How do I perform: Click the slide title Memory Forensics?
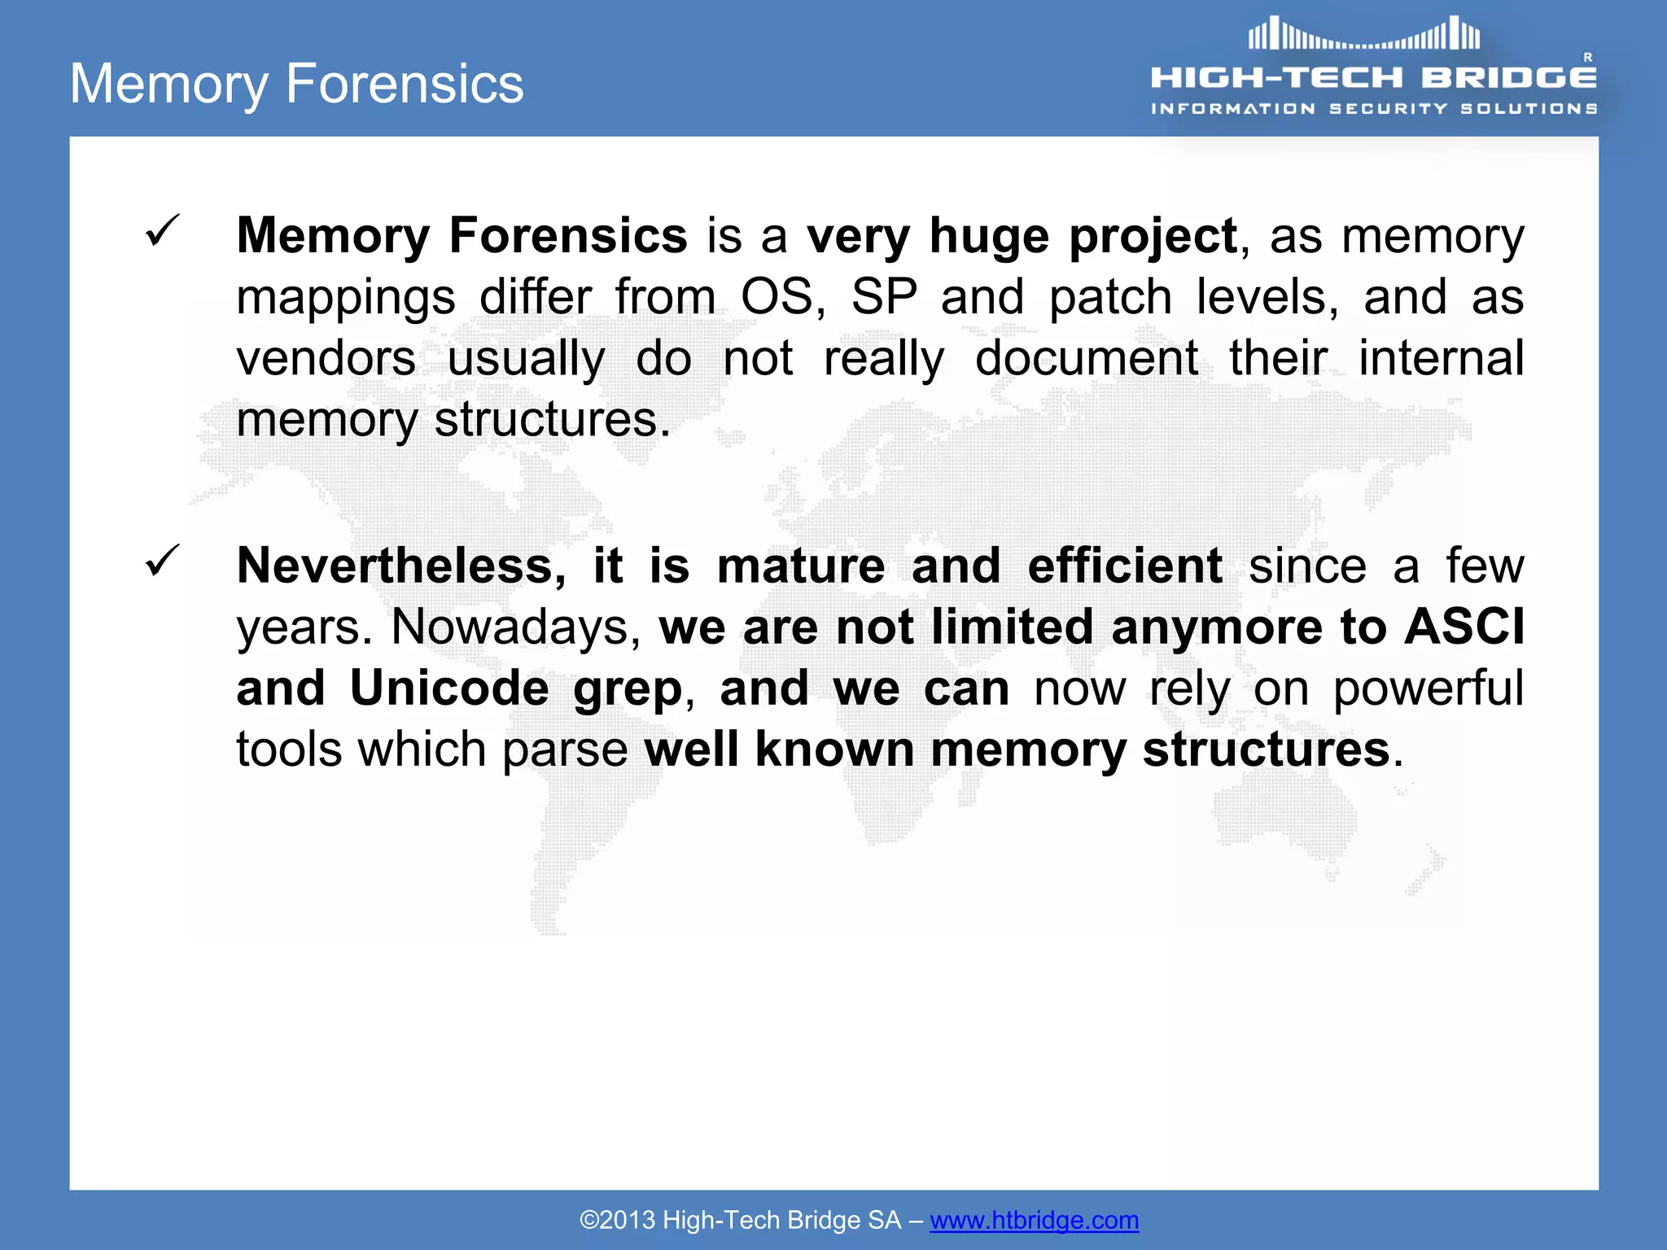click(x=297, y=84)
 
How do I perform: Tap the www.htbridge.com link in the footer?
click(x=1034, y=1220)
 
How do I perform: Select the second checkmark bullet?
click(x=162, y=561)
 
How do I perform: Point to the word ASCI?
click(x=1464, y=627)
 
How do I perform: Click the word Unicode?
click(x=449, y=688)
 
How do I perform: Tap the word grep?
click(x=628, y=690)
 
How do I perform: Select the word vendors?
click(x=326, y=358)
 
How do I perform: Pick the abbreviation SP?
click(x=885, y=297)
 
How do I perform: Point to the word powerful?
click(x=1428, y=688)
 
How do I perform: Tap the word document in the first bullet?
click(x=1087, y=358)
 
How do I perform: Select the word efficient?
click(x=1125, y=566)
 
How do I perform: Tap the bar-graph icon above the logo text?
click(x=1364, y=34)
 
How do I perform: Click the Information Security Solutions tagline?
click(x=1374, y=109)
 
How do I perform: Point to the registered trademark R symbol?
click(x=1587, y=57)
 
